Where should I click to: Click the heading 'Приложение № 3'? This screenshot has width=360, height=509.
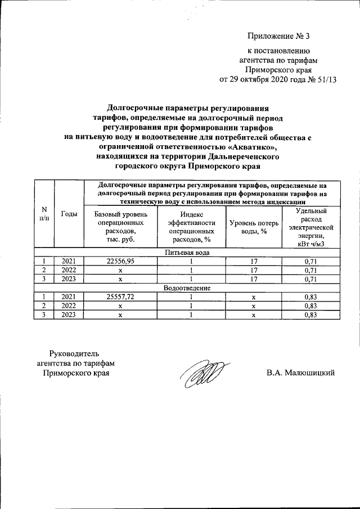[279, 37]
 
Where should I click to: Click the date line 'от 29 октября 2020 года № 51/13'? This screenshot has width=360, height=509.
[277, 79]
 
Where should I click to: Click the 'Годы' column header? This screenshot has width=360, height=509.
[69, 214]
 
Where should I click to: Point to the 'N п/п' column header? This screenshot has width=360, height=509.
[44, 214]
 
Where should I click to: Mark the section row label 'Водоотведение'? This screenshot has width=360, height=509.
[187, 288]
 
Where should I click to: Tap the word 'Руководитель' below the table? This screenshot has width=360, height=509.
[74, 353]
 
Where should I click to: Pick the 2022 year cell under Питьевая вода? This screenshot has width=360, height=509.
[69, 270]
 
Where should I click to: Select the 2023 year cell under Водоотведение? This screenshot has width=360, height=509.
[69, 315]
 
